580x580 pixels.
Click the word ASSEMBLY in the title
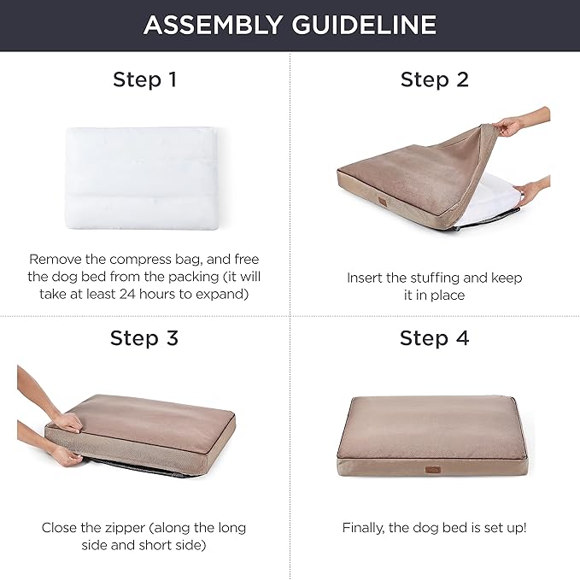[x=213, y=25]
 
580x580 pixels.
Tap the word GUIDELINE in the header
[x=364, y=25]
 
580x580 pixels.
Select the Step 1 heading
[x=145, y=80]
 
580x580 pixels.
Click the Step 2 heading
[x=435, y=80]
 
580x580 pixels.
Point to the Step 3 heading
[x=144, y=338]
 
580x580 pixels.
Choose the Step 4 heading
[x=435, y=338]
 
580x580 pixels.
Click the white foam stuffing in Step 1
[x=142, y=179]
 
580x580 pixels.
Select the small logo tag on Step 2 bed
[x=383, y=201]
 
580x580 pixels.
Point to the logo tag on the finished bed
[x=433, y=470]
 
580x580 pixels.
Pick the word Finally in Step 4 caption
[x=363, y=528]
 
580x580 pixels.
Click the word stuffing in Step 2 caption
[x=434, y=278]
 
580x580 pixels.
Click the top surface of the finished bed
[x=432, y=425]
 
